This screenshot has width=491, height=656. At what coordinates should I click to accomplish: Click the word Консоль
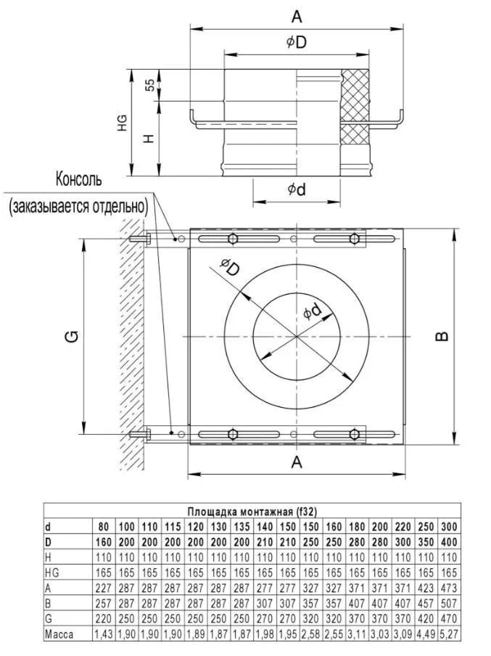tap(79, 179)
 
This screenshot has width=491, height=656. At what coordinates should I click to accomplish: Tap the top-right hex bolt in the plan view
tap(353, 239)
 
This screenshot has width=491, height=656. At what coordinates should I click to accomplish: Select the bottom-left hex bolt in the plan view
tap(232, 434)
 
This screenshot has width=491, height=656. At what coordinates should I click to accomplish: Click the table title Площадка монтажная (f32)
tap(252, 511)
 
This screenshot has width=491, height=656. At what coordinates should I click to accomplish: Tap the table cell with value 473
tap(449, 587)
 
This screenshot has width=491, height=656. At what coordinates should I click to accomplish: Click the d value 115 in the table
tap(173, 525)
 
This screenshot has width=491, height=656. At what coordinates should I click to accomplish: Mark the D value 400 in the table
tap(449, 541)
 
